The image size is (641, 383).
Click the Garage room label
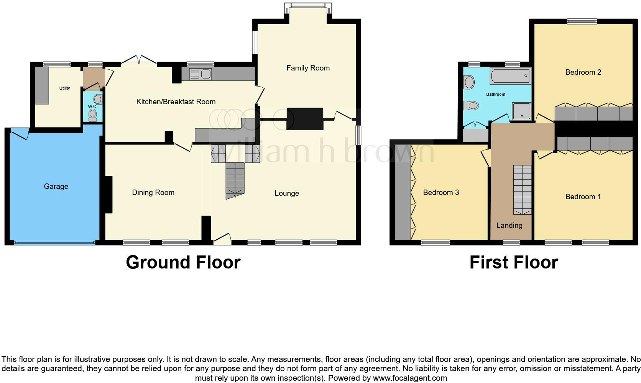[x=56, y=187]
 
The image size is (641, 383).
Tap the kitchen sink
[x=200, y=74]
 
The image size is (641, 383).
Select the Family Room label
[x=308, y=68]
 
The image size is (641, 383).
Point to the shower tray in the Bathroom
[x=521, y=111]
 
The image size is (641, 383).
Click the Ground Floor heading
[x=183, y=263]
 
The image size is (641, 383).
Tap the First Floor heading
[x=513, y=263]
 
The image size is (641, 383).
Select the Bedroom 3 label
[x=441, y=193]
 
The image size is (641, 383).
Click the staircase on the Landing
[x=522, y=190]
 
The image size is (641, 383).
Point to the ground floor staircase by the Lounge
[x=235, y=180]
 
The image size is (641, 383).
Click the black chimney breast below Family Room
[x=305, y=119]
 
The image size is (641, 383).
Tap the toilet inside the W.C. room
[x=92, y=115]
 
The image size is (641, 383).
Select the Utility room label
[x=64, y=88]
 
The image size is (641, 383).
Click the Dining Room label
[x=153, y=193]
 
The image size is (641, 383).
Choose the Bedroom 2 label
[x=583, y=72]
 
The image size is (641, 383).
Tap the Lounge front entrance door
[x=222, y=239]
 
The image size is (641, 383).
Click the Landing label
[x=509, y=226]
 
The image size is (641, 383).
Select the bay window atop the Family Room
[x=308, y=6]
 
